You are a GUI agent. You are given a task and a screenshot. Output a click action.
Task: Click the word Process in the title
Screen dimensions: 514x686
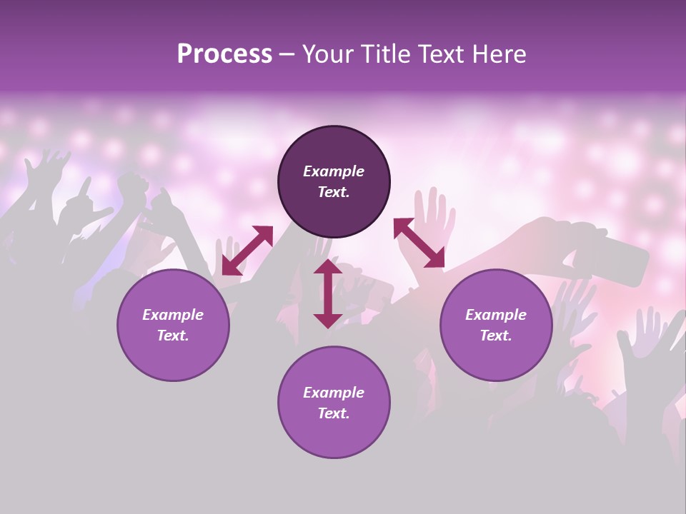pyautogui.click(x=224, y=54)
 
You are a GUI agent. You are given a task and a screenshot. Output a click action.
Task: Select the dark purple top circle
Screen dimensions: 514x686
pyautogui.click(x=334, y=182)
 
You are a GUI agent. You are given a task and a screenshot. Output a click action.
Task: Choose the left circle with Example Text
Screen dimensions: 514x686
pyautogui.click(x=173, y=325)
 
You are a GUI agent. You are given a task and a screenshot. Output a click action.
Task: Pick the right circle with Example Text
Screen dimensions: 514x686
pyautogui.click(x=496, y=325)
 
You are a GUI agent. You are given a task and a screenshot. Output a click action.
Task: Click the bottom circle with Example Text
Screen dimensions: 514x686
pyautogui.click(x=334, y=402)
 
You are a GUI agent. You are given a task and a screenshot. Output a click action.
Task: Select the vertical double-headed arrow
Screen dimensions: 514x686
pyautogui.click(x=328, y=293)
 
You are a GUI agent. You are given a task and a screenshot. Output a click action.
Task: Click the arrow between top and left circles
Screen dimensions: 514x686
pyautogui.click(x=247, y=250)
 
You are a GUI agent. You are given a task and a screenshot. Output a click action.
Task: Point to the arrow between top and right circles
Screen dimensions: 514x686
pyautogui.click(x=419, y=243)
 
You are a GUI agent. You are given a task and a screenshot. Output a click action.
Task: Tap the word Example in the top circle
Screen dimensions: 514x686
pyautogui.click(x=334, y=171)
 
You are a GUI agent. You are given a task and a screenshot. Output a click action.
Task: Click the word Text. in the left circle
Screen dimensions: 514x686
pyautogui.click(x=173, y=336)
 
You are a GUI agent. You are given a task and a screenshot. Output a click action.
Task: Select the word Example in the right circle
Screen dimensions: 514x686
pyautogui.click(x=496, y=315)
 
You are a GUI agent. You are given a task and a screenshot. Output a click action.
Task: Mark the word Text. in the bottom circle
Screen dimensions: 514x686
pyautogui.click(x=334, y=413)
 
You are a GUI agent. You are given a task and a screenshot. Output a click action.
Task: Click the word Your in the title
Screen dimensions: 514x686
pyautogui.click(x=325, y=54)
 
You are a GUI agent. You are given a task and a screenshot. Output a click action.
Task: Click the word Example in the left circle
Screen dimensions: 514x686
pyautogui.click(x=173, y=315)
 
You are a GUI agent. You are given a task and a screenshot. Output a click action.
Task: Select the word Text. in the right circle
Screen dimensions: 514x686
pyautogui.click(x=496, y=336)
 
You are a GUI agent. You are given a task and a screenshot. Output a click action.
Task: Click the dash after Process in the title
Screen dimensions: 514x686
pyautogui.click(x=287, y=54)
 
